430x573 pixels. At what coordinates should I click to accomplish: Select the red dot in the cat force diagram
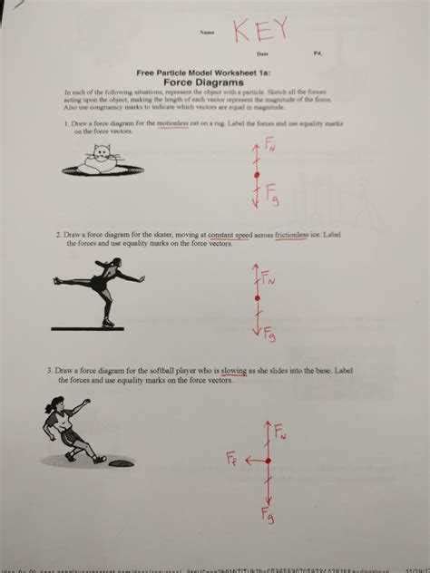click(x=257, y=174)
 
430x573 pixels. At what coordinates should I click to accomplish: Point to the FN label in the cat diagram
click(x=269, y=143)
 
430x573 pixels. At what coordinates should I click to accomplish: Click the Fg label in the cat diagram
click(x=271, y=191)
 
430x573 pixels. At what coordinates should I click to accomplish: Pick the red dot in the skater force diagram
click(x=257, y=296)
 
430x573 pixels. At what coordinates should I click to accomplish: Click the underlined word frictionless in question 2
click(x=298, y=235)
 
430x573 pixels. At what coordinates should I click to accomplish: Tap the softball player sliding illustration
click(x=72, y=431)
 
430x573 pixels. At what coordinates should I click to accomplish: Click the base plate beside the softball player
click(x=122, y=463)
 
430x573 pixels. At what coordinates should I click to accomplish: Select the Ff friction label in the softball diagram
click(x=233, y=458)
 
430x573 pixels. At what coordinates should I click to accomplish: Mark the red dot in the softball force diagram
click(x=267, y=461)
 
